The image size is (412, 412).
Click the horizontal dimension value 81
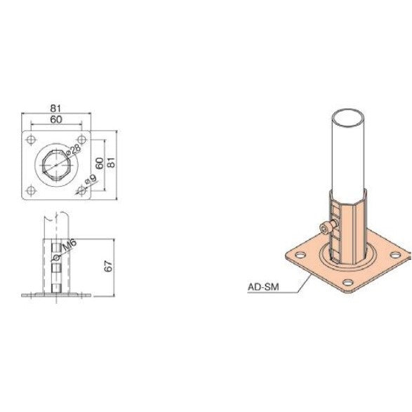click(x=57, y=108)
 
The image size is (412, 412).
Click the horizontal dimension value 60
click(x=57, y=119)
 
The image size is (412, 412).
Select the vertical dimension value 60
click(x=100, y=163)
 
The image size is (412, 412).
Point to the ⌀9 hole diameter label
click(x=89, y=182)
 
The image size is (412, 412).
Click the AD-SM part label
click(x=261, y=286)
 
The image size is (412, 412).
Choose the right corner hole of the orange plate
click(x=397, y=255)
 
